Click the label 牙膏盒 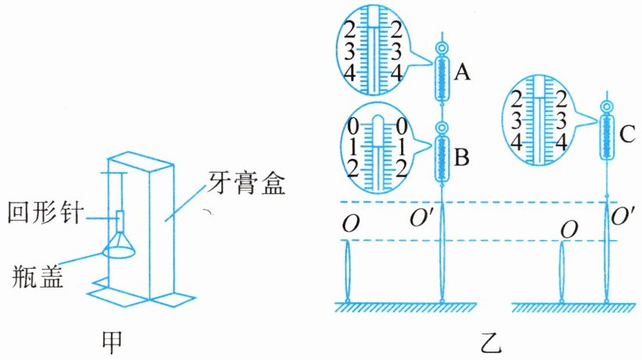[245, 182]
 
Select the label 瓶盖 [37, 277]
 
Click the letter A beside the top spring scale [462, 73]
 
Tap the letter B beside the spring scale [462, 157]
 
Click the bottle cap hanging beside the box [119, 245]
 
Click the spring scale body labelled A [442, 79]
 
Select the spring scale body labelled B [442, 158]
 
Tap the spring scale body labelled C [607, 137]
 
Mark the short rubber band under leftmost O [348, 271]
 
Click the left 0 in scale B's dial [352, 126]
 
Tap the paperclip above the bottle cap [119, 221]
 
